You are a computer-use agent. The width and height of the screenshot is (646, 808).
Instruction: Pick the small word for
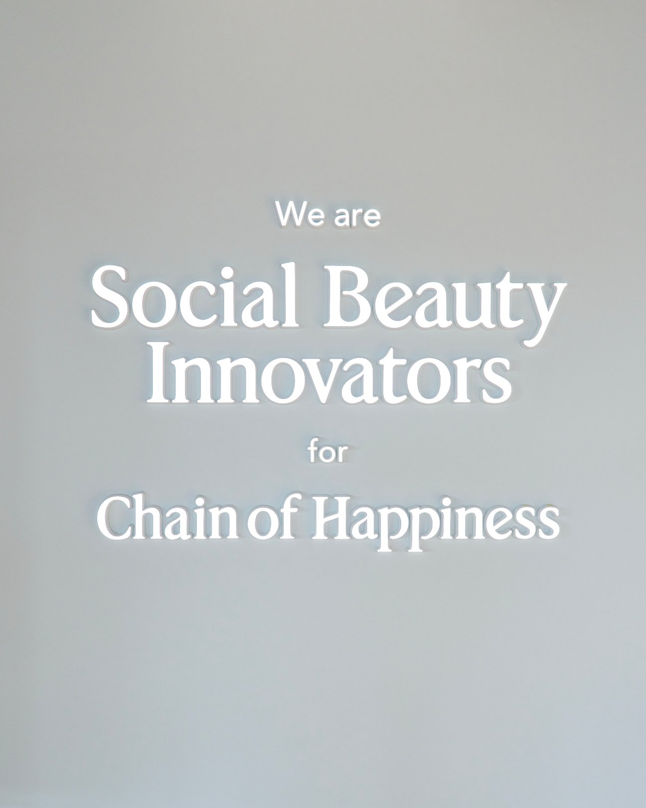coord(327,453)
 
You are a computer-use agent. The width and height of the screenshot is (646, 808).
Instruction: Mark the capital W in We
coord(291,214)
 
